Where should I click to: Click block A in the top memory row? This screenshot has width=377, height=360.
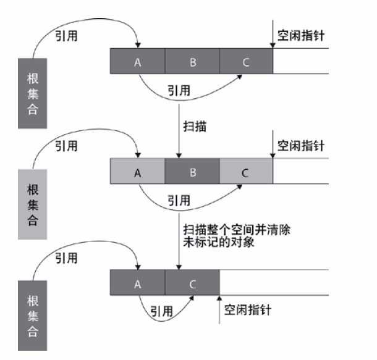coord(138,61)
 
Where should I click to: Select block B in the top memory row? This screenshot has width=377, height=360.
coord(192,61)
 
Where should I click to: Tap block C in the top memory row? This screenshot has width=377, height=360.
coord(245,61)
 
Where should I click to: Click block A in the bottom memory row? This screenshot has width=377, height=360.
coord(138,283)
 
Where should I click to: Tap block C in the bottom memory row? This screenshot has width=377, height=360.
coord(192,283)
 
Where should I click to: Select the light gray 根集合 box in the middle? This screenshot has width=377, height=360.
coord(32,204)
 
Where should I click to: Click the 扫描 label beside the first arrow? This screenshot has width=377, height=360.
coord(195,127)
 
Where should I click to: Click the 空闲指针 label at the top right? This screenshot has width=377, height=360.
coord(300,35)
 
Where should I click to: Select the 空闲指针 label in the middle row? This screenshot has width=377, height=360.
coord(300,146)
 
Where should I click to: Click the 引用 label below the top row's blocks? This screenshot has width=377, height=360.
coord(179,90)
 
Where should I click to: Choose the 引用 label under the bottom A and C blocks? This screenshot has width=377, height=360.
coord(163,311)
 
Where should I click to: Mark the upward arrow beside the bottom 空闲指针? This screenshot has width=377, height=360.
coord(219,309)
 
